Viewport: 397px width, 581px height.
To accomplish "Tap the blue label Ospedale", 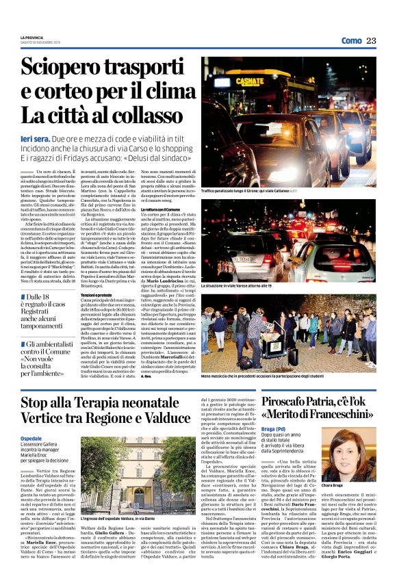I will (31, 439).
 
